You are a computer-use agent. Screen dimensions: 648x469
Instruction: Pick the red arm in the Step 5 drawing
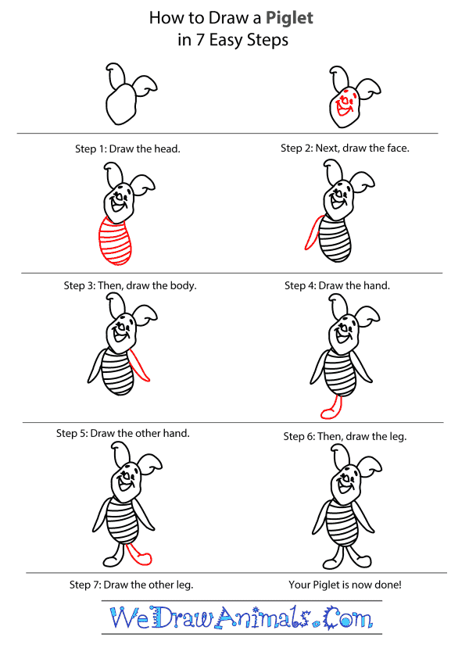[141, 363]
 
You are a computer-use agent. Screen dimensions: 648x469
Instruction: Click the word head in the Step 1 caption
[168, 149]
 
